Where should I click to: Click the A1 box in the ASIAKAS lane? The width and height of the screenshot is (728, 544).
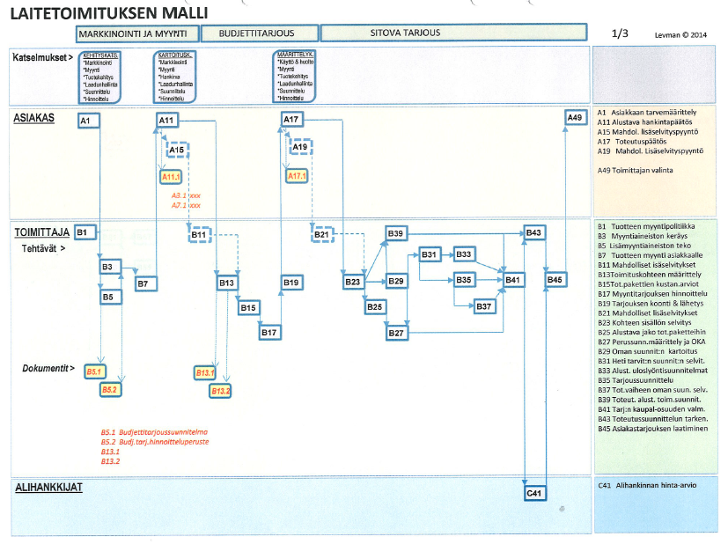pyautogui.click(x=87, y=121)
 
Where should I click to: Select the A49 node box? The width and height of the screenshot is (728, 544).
pyautogui.click(x=574, y=118)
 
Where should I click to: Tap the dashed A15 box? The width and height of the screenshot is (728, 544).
pyautogui.click(x=177, y=151)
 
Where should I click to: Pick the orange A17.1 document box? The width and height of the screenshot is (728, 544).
pyautogui.click(x=298, y=176)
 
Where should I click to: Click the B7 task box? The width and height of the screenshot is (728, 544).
pyautogui.click(x=146, y=283)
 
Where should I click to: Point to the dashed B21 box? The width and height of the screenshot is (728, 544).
pyautogui.click(x=321, y=234)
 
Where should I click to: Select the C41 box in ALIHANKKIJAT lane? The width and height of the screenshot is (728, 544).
pyautogui.click(x=534, y=493)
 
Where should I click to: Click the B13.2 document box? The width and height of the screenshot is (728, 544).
pyautogui.click(x=220, y=390)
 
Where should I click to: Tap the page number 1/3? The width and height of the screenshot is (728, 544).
pyautogui.click(x=620, y=33)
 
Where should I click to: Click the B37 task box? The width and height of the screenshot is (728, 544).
pyautogui.click(x=485, y=306)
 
